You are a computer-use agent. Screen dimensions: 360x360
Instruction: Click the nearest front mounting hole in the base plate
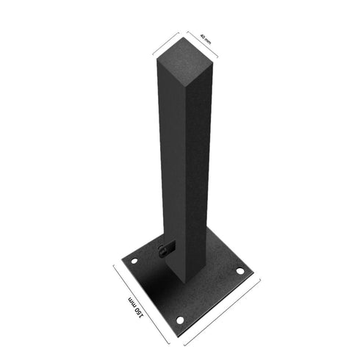[x=180, y=320]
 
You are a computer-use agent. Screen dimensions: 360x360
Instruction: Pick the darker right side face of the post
[x=197, y=169]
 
